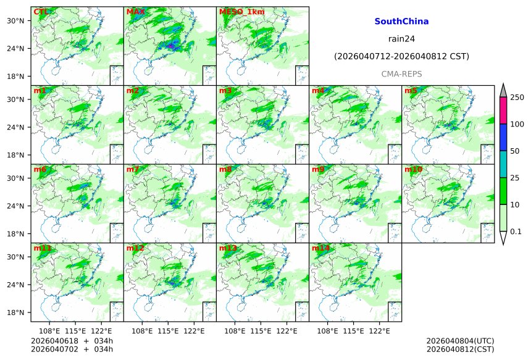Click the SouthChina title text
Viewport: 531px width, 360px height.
(401, 22)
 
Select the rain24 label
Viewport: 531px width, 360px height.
(401, 39)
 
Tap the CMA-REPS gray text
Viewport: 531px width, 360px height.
(401, 73)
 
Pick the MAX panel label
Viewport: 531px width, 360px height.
(134, 12)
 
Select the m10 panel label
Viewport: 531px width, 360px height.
(413, 169)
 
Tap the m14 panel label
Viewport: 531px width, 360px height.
(320, 248)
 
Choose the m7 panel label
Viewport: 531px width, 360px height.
(133, 169)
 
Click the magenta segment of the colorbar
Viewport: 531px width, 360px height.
(503, 111)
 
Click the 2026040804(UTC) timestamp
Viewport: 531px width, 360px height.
(460, 341)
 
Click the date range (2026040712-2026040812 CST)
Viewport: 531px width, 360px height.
(401, 56)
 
